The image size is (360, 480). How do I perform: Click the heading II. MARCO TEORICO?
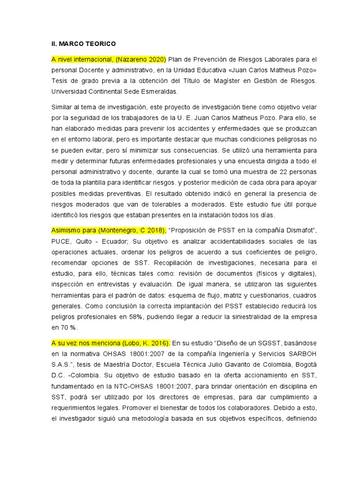[83, 44]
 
